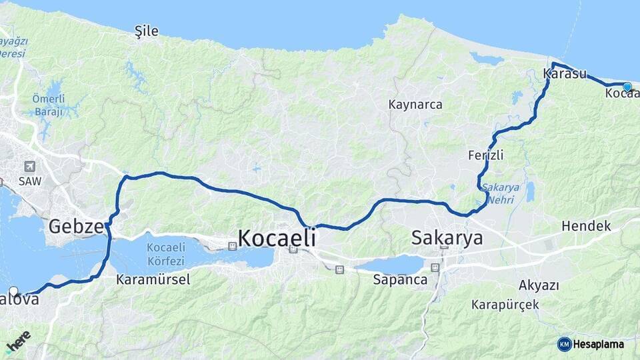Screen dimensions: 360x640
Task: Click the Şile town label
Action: (147, 31)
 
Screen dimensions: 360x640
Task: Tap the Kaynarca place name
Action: (415, 105)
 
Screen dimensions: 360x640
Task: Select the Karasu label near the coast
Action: (565, 74)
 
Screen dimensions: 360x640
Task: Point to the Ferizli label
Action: (485, 155)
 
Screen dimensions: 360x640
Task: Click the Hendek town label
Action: (585, 226)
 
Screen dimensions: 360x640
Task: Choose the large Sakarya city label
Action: (447, 238)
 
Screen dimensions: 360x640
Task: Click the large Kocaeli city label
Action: (276, 238)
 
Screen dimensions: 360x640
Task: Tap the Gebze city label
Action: (75, 227)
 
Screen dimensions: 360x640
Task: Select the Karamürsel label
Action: (153, 279)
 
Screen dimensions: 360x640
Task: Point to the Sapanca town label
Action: (400, 279)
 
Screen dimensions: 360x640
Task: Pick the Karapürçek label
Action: (505, 305)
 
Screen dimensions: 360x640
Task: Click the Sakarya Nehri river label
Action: (501, 193)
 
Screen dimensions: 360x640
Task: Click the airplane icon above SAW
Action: (29, 166)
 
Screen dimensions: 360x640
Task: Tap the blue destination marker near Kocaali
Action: (627, 86)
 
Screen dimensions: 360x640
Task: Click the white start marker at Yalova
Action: (13, 291)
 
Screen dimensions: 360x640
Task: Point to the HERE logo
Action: (18, 341)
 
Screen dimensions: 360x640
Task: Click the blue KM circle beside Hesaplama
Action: (564, 344)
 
